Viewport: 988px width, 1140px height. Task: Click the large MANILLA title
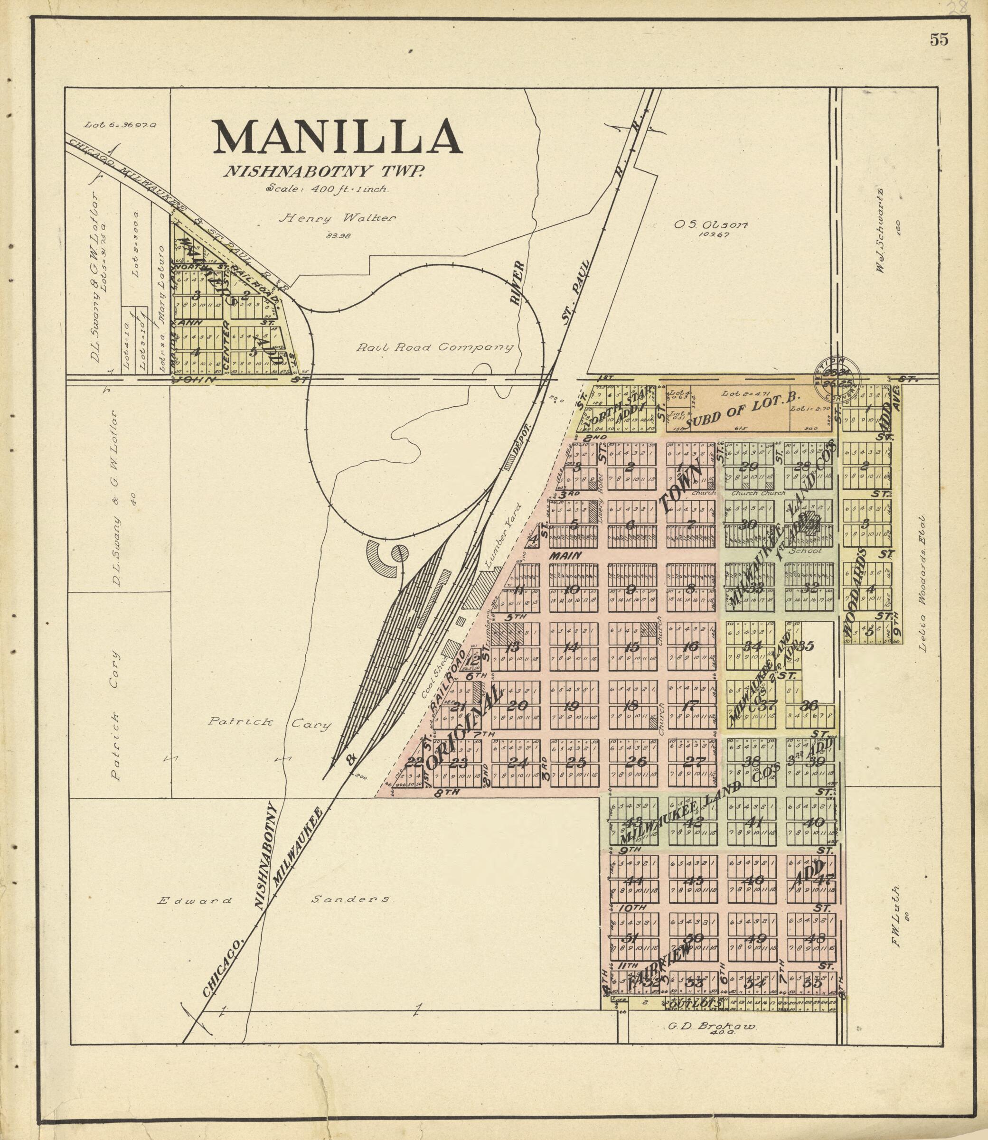coord(337,138)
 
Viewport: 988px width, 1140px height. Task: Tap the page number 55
coord(939,40)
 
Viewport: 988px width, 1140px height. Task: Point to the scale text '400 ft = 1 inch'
coord(328,188)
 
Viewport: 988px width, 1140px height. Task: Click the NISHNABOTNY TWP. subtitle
coord(323,172)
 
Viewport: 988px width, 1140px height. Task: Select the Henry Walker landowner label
coord(337,218)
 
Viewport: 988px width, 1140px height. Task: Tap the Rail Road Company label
coord(434,348)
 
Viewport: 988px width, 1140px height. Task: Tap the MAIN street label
coord(565,556)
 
